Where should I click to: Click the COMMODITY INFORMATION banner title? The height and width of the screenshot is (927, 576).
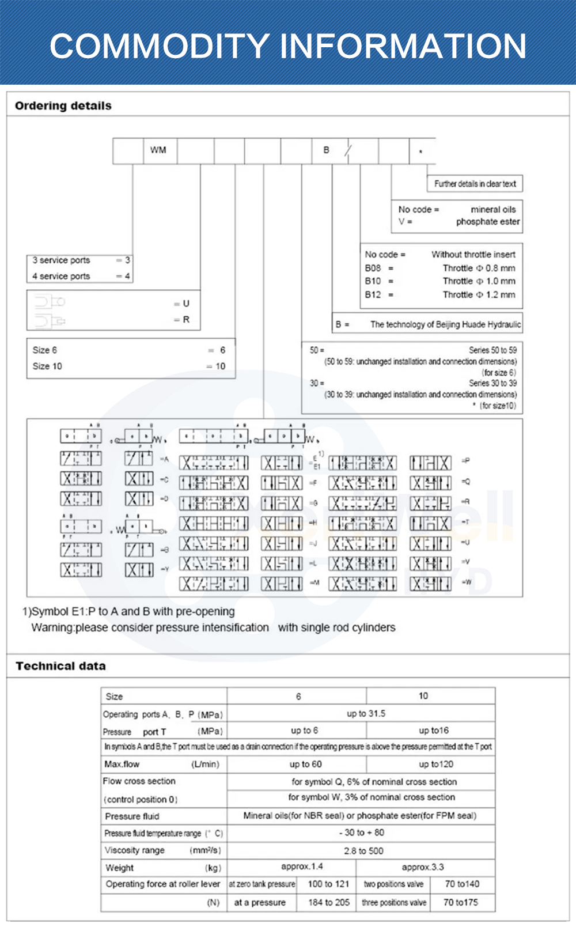click(x=288, y=46)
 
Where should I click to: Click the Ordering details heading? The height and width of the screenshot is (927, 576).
click(x=63, y=106)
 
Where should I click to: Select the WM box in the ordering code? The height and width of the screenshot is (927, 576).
click(x=158, y=150)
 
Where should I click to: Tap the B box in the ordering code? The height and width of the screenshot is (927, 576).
click(x=326, y=150)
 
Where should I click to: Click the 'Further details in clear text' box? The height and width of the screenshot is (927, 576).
click(x=475, y=184)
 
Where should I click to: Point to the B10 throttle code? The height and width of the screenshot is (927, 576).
click(x=373, y=281)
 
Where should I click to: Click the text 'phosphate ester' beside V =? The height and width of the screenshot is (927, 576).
click(x=488, y=222)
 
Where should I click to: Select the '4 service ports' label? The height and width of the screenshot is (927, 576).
click(x=61, y=277)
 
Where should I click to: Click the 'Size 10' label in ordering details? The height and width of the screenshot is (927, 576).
click(x=47, y=366)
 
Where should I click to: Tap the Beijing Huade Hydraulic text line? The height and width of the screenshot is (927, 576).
click(x=445, y=325)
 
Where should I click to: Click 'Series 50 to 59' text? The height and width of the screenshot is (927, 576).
click(x=492, y=350)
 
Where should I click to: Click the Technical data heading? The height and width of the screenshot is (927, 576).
click(x=60, y=667)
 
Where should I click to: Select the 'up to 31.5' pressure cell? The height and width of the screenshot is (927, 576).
click(x=366, y=714)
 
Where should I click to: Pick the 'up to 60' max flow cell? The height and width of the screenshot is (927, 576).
click(x=305, y=765)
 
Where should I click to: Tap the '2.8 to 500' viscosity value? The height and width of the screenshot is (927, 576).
click(x=363, y=851)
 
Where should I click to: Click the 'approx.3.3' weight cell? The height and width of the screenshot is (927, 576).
click(x=423, y=867)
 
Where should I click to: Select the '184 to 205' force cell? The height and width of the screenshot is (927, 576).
click(x=329, y=902)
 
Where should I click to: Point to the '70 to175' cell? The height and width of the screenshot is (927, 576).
click(x=461, y=902)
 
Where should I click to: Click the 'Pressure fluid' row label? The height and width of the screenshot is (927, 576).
click(x=132, y=816)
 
